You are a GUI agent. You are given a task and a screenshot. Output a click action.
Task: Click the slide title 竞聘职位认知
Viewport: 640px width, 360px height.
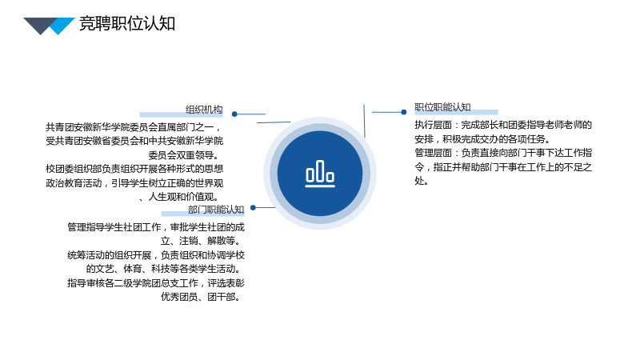click(x=127, y=23)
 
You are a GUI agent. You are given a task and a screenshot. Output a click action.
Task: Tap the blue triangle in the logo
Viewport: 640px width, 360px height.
click(x=61, y=25)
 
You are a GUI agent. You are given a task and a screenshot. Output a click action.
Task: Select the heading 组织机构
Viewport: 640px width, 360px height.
click(x=204, y=110)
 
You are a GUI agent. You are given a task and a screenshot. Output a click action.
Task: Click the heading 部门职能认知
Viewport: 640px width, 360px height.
click(x=216, y=210)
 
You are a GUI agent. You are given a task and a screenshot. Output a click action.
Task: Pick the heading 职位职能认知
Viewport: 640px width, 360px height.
click(x=442, y=107)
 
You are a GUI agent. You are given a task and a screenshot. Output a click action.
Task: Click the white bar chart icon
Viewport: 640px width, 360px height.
click(x=320, y=174)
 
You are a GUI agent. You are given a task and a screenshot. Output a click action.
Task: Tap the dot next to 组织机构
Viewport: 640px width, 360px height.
click(x=234, y=114)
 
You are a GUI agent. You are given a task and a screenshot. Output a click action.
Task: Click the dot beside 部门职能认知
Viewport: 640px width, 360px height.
click(x=253, y=208)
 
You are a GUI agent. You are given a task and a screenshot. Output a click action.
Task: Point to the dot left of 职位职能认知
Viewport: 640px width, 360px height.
click(x=404, y=112)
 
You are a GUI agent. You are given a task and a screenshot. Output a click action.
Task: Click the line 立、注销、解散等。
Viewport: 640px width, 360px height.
click(x=201, y=241)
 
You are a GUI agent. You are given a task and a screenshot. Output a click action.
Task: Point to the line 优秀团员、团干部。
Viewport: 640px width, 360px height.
click(x=201, y=297)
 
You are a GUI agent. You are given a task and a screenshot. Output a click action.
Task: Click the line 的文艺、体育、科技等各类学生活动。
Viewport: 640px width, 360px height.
click(x=164, y=269)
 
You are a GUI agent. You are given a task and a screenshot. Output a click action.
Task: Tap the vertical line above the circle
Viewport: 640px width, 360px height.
click(x=365, y=121)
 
